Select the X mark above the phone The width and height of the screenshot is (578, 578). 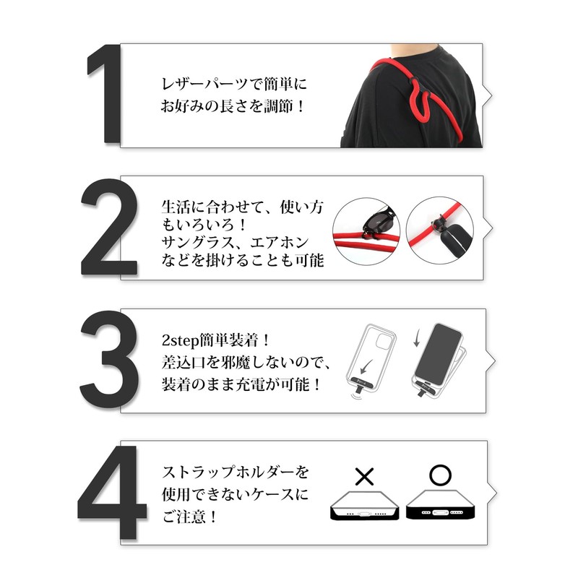(365, 477)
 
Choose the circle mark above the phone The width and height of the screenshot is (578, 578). (440, 475)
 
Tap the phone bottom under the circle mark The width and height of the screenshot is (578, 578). (440, 510)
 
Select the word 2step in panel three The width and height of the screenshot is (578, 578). (181, 340)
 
